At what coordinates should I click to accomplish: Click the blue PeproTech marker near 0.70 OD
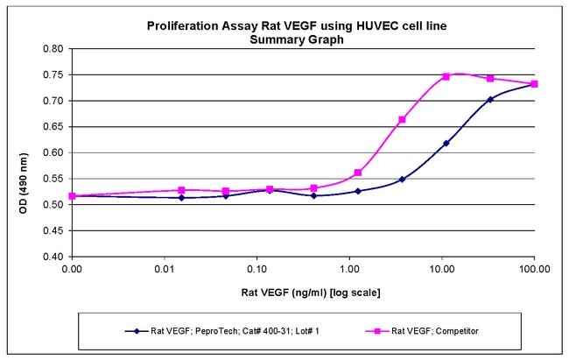490,100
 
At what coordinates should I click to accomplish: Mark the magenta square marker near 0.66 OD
402,120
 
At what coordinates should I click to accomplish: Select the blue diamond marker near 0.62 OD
446,143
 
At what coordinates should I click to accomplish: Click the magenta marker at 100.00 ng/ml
534,84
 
